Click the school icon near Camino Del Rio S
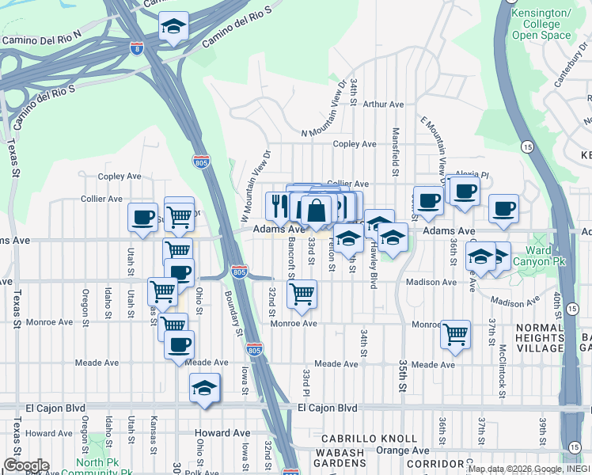pos(173,27)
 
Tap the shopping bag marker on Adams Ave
pos(317,210)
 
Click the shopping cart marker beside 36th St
pos(456,334)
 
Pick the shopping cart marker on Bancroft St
pos(302,294)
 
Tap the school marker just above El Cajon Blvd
pos(205,388)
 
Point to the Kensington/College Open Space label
pos(541,25)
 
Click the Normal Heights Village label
pos(540,337)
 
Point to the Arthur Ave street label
pos(383,104)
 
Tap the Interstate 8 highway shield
pos(137,47)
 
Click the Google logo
pos(25,465)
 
